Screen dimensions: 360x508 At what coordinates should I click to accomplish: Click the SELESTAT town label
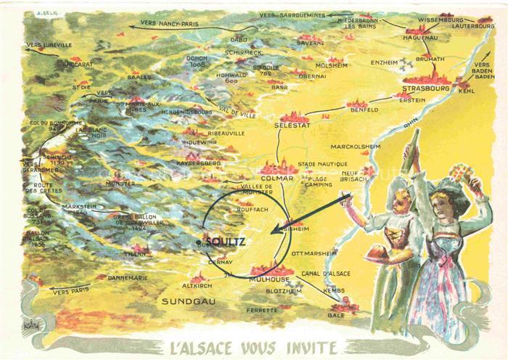click(x=293, y=126)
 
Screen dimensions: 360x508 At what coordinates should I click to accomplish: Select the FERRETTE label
click(x=261, y=310)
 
